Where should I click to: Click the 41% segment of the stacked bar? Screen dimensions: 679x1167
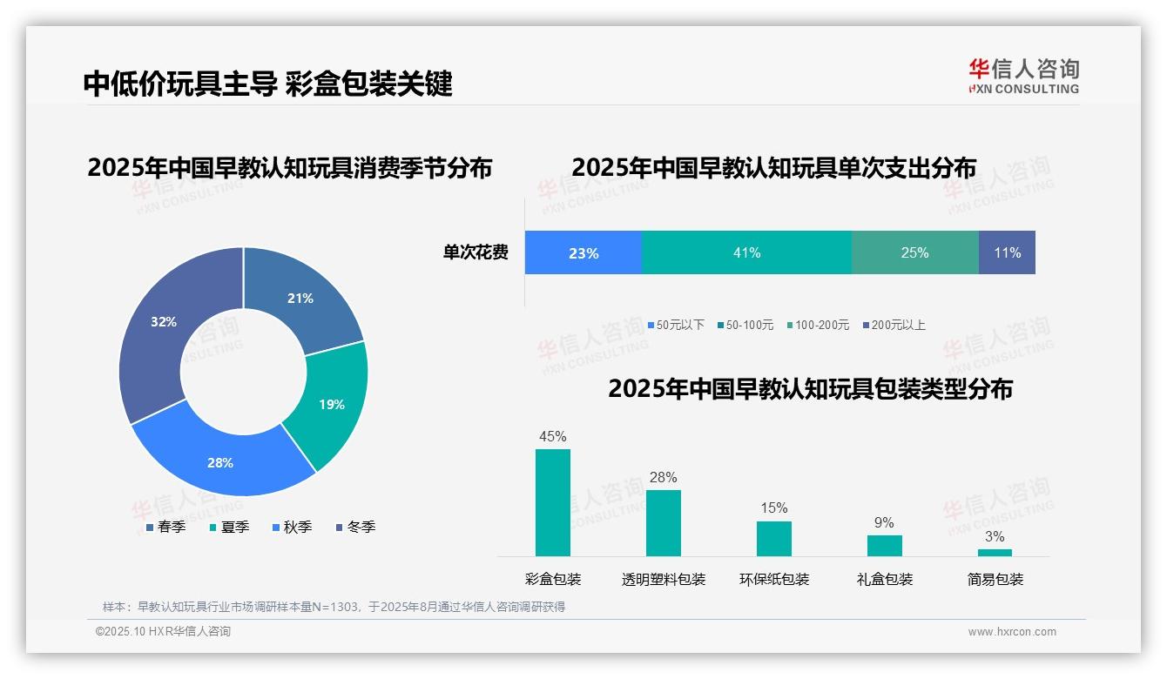[x=746, y=252]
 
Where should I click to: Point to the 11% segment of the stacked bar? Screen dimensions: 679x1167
[x=1007, y=252]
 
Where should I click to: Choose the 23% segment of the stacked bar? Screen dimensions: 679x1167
[x=583, y=252]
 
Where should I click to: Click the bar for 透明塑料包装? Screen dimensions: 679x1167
[x=664, y=522]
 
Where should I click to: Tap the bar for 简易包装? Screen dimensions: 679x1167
[x=995, y=552]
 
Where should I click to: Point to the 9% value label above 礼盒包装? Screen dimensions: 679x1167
[x=884, y=522]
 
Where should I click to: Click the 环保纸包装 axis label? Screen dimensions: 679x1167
[x=774, y=579]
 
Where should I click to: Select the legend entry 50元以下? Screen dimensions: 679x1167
[x=676, y=325]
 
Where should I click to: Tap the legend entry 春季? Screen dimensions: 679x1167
[x=165, y=527]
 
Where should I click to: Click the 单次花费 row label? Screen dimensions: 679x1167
[x=476, y=252]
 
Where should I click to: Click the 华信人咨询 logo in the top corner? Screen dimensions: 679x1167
[x=1023, y=76]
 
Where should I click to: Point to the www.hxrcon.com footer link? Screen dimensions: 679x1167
[x=1012, y=632]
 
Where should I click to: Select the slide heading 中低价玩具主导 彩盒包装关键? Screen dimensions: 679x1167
[x=268, y=84]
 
